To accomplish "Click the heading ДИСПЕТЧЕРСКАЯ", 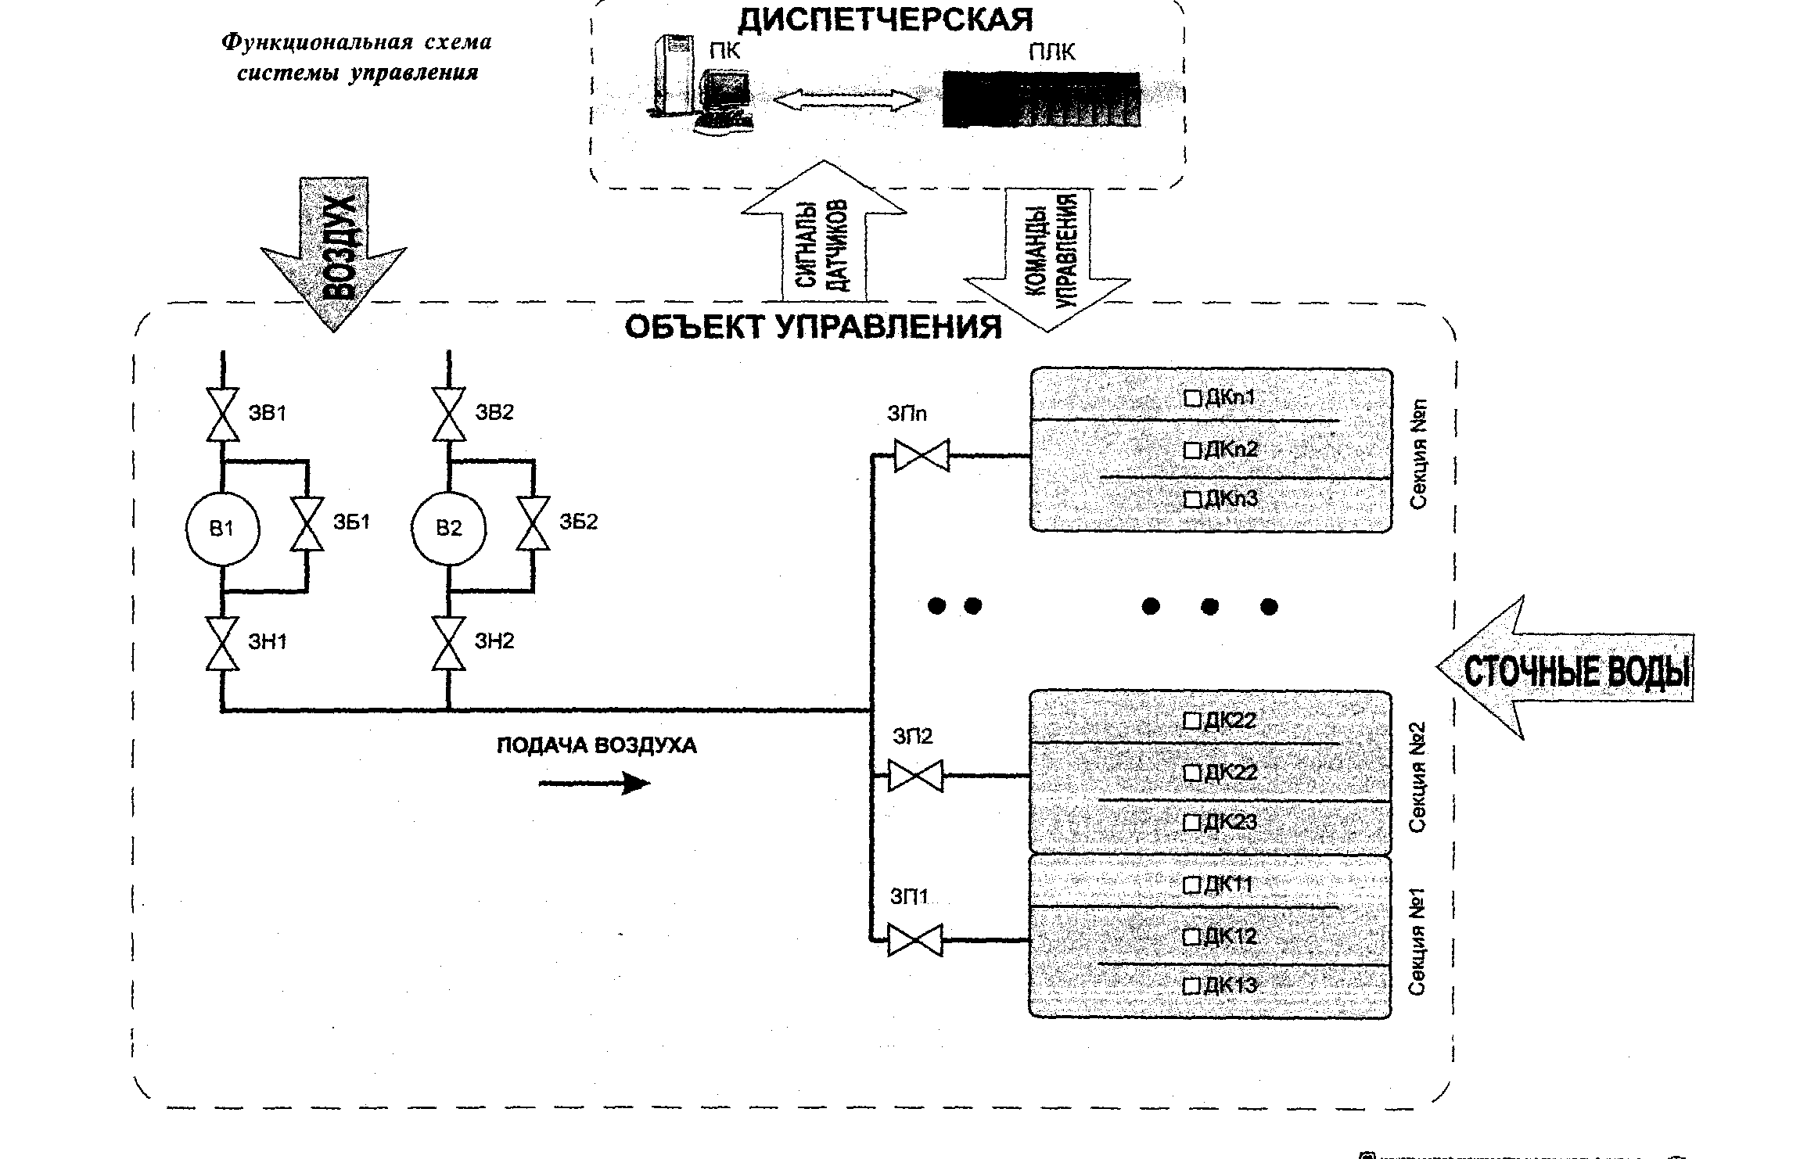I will pos(885,19).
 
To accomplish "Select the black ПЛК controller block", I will pos(1040,99).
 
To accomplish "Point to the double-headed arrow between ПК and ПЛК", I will pos(846,99).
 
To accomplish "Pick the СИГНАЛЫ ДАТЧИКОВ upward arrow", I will pos(824,235).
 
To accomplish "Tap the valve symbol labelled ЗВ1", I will pos(222,414).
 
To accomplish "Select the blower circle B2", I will pos(448,529).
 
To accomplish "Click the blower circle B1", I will pos(222,529).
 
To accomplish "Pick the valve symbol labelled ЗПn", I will pos(922,456).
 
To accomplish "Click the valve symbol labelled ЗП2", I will pos(916,776).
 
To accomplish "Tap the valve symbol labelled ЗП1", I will pos(915,940).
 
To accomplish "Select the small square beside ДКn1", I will pos(1192,399).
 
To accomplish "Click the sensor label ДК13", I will pos(1231,985).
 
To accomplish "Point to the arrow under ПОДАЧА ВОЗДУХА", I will pos(595,783).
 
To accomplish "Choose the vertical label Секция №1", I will pos(1417,942).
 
